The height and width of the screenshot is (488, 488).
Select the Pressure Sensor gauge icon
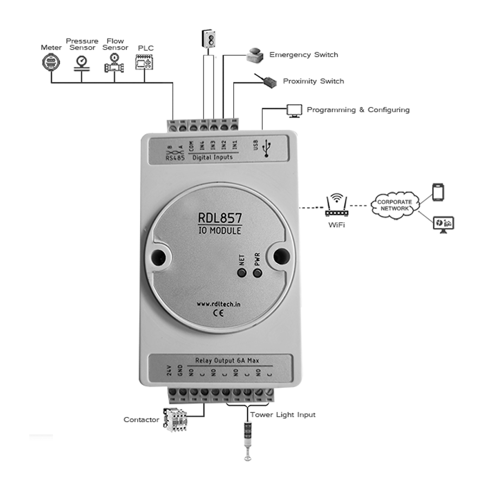(x=82, y=62)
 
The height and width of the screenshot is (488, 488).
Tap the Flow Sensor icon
(x=114, y=63)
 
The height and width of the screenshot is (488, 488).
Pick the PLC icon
(x=145, y=63)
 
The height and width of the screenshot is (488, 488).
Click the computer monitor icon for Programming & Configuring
(x=294, y=110)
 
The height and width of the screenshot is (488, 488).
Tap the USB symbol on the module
(x=267, y=147)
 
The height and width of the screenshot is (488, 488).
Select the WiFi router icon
(x=336, y=205)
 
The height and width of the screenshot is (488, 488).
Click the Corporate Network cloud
(x=395, y=205)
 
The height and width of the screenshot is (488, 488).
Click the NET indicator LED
(x=242, y=273)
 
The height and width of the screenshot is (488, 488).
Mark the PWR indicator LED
(x=258, y=272)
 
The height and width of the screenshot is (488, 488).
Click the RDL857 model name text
(x=220, y=219)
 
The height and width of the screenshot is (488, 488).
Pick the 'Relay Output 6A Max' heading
(x=223, y=360)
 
